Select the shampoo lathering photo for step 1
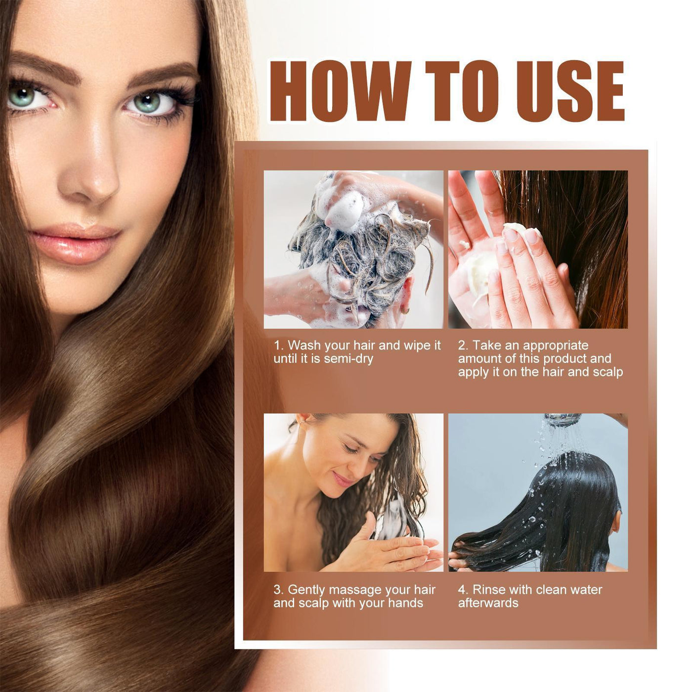(x=353, y=250)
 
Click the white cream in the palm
(x=477, y=269)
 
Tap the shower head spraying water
(x=562, y=419)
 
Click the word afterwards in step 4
(x=488, y=603)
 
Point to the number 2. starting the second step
(x=463, y=346)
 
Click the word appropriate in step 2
(x=556, y=346)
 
